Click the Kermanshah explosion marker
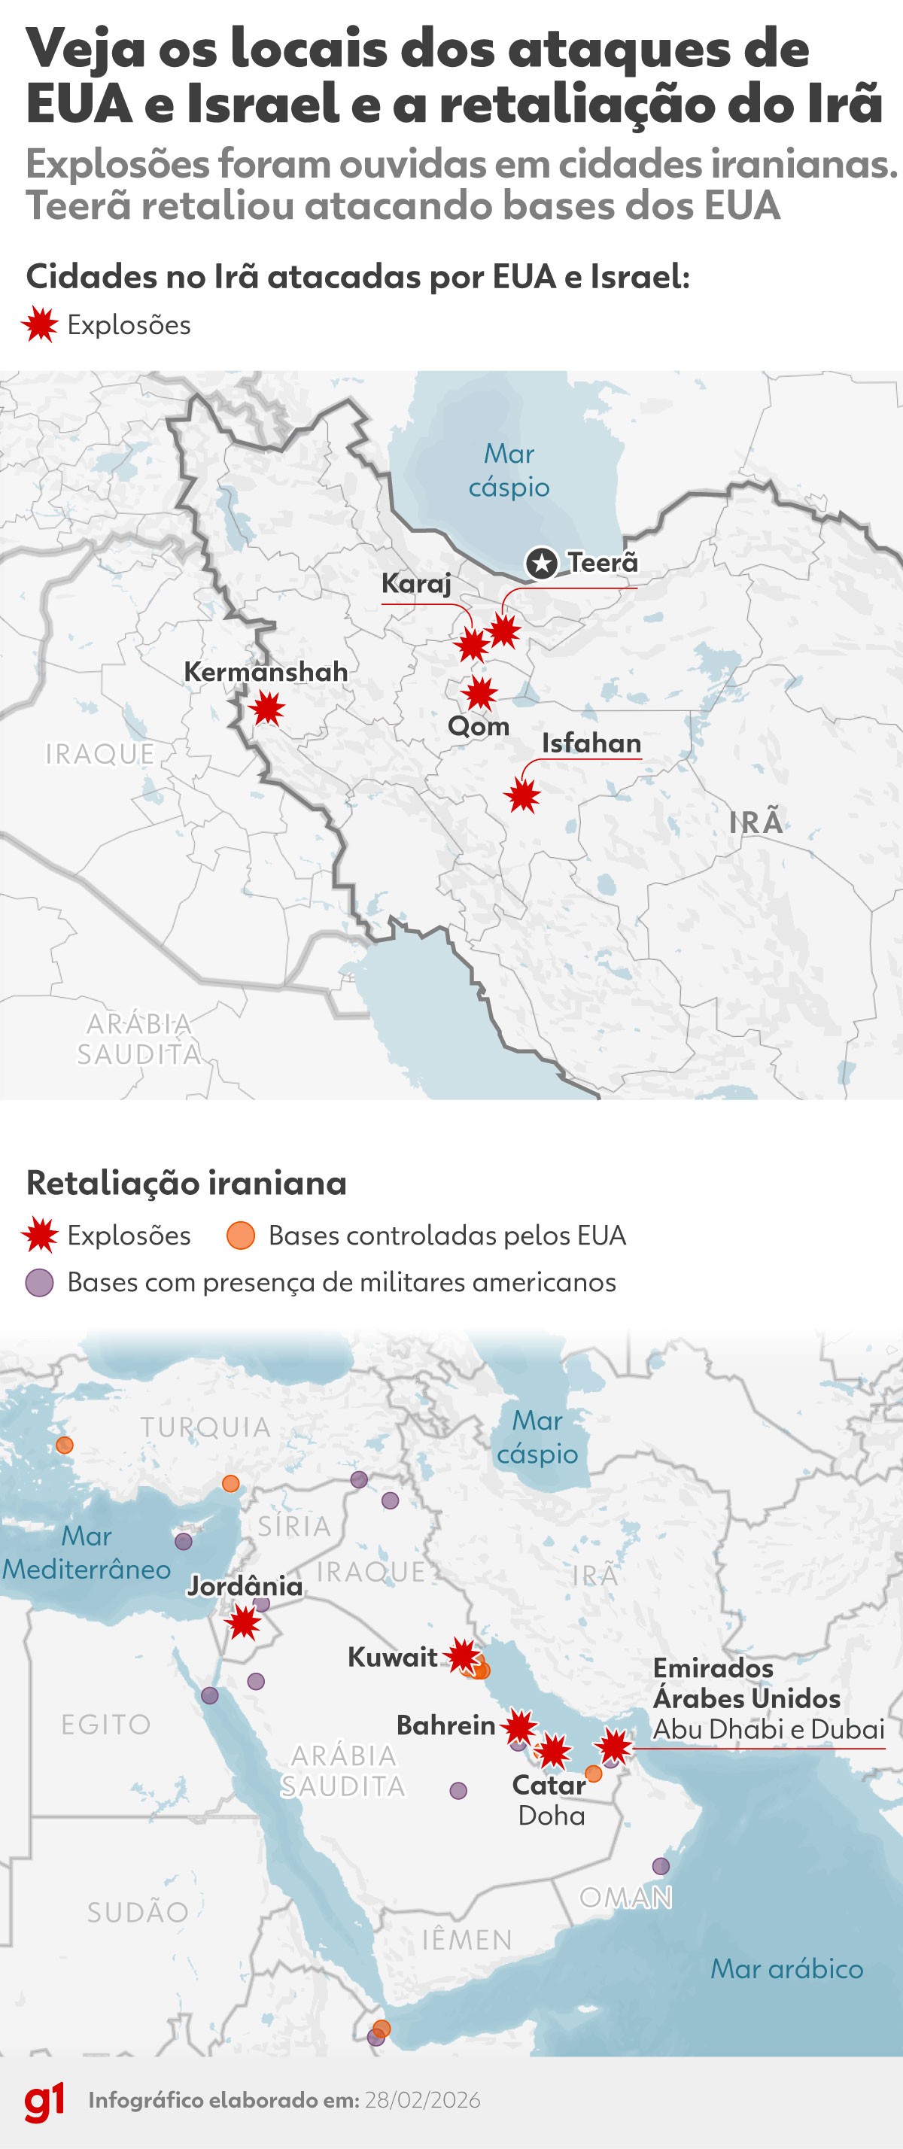pos(267,709)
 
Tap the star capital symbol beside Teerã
pos(542,563)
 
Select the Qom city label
pos(478,726)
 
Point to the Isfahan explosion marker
pos(522,796)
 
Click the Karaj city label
pos(415,583)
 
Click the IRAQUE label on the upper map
pos(99,753)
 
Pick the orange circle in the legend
pos(240,1236)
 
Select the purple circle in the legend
pos(39,1282)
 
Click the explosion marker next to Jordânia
pos(245,1622)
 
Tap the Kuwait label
pos(392,1656)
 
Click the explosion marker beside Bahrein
pos(519,1727)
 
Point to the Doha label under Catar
pos(551,1816)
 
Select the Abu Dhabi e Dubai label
pos(768,1729)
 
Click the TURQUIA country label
pos(205,1427)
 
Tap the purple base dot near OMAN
pos(660,1866)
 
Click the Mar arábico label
pos(786,1969)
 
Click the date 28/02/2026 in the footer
pos(422,2101)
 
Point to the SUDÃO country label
pos(138,1912)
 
